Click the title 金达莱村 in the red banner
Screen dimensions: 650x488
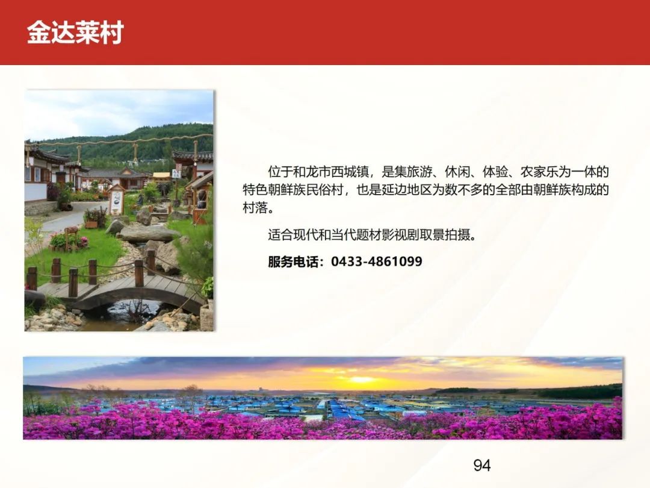(x=75, y=33)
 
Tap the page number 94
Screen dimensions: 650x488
(x=482, y=466)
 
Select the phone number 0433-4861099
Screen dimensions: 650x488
(x=376, y=261)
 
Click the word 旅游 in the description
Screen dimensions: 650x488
(x=419, y=171)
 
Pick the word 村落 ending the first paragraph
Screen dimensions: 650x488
(x=255, y=207)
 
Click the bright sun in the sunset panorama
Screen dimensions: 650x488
(x=362, y=380)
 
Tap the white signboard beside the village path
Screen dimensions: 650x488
(x=117, y=200)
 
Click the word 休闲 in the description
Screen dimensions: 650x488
(x=457, y=171)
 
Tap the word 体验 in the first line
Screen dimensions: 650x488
(x=495, y=171)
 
